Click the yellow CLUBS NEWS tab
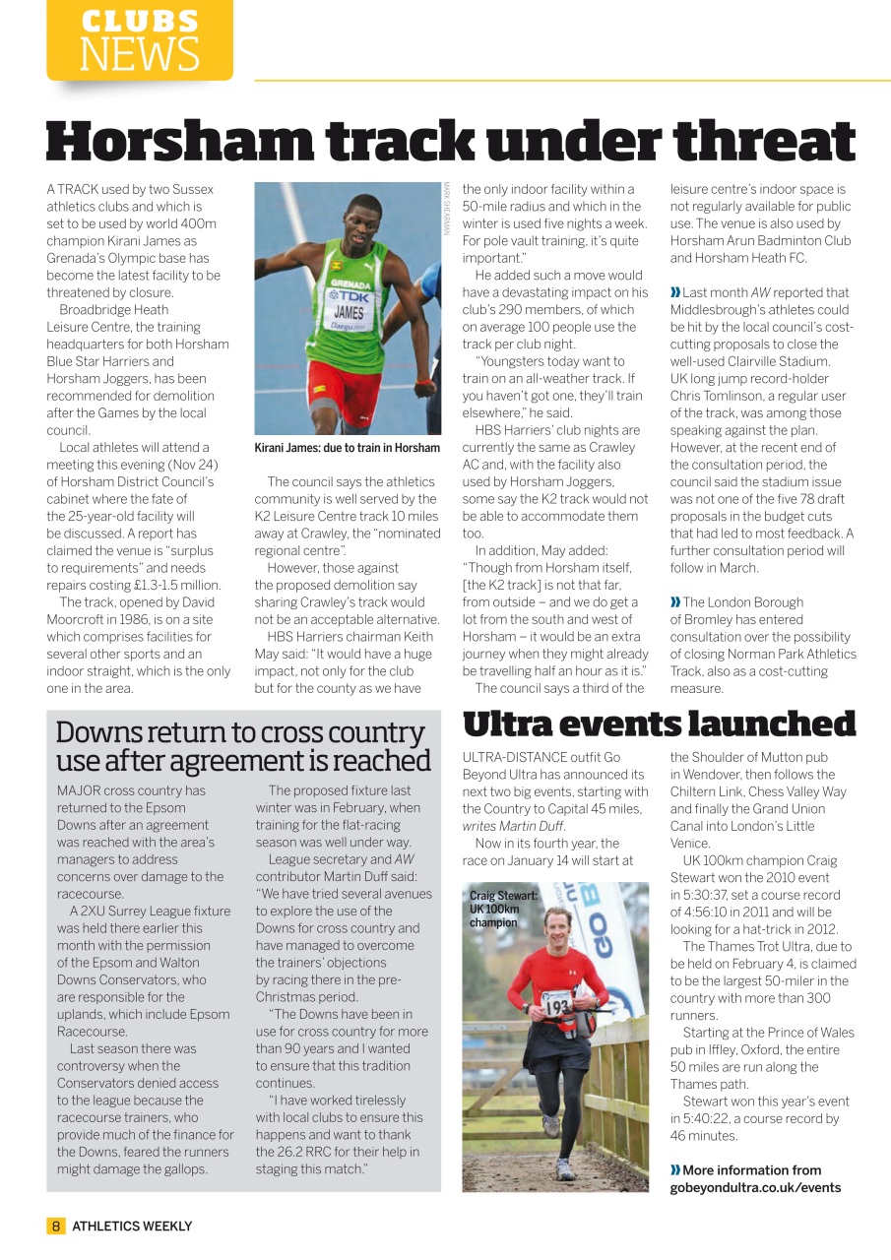coord(139,40)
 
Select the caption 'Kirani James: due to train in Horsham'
coord(347,448)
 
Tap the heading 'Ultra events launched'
coord(659,724)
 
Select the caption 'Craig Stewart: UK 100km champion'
coord(504,909)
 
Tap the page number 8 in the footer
coord(56,1226)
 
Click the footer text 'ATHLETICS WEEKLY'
coord(132,1226)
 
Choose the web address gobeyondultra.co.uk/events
coord(755,1187)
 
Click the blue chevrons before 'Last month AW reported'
coord(675,292)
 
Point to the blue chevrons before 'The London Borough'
coord(675,602)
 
